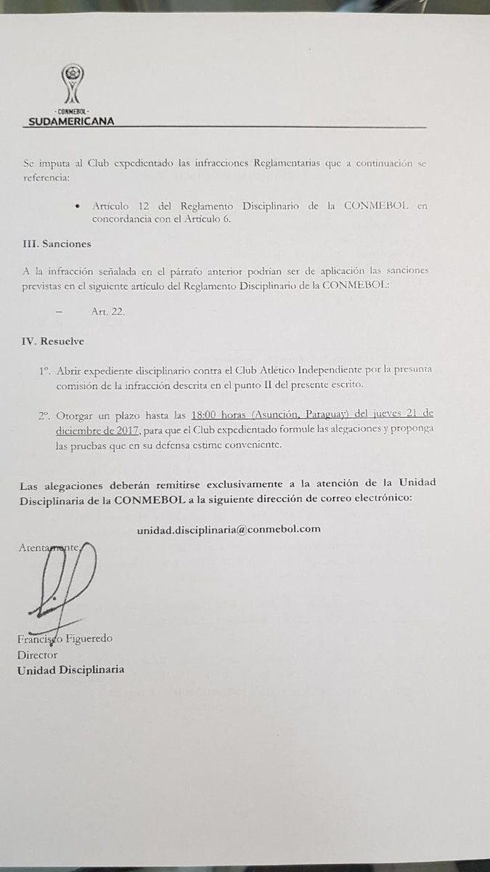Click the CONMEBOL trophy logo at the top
(73, 84)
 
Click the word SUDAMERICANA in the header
(72, 121)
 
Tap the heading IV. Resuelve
(54, 339)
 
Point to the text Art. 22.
(107, 311)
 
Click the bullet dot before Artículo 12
(78, 206)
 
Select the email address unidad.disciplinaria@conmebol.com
(229, 529)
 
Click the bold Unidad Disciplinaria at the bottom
(70, 669)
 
